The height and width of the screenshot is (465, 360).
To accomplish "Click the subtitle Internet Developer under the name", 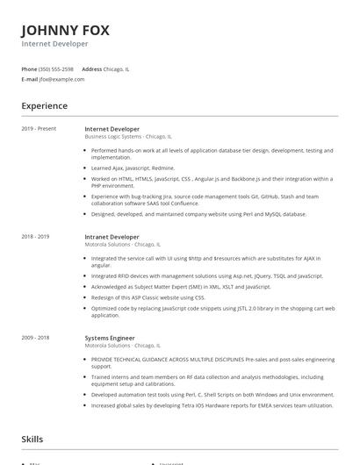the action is [54, 43].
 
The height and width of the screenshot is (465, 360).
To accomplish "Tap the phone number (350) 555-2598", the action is [57, 68].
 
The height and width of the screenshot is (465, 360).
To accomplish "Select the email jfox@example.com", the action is [61, 79].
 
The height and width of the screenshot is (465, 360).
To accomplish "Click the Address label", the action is [91, 68].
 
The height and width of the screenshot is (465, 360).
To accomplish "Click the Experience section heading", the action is [45, 106].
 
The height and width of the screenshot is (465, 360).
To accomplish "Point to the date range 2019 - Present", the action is [39, 128].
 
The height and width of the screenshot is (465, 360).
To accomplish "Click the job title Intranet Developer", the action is [112, 236].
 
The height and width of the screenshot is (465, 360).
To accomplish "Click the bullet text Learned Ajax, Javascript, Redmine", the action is [133, 168].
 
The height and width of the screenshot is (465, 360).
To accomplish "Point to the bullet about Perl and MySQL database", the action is [198, 213].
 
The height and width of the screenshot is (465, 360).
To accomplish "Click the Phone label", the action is [29, 68].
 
